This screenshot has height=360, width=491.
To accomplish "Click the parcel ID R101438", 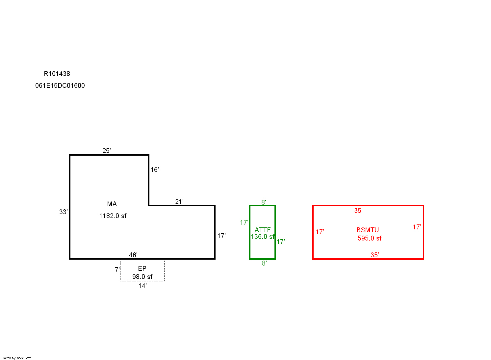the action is [x=57, y=74].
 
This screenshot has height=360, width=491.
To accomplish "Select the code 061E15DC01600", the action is [x=60, y=86].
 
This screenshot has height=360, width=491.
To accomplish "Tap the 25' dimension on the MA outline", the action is [x=107, y=151].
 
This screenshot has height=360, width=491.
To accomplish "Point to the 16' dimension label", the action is [x=155, y=170].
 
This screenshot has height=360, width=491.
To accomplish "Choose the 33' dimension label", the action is [x=64, y=212].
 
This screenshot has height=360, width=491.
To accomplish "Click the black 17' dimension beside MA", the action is [x=221, y=236].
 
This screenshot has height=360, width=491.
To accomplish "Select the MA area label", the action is [x=112, y=204].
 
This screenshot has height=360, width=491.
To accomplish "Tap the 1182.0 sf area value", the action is [x=113, y=216].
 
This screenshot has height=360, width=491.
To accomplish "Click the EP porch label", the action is [x=142, y=269].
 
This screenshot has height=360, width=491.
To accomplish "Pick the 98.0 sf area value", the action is [x=142, y=277].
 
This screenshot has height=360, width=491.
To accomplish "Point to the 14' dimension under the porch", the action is [x=143, y=286].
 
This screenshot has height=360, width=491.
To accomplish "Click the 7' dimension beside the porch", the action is [x=117, y=270].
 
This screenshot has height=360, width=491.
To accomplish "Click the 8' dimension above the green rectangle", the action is [x=264, y=202].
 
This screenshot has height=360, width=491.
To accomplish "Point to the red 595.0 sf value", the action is [x=370, y=238].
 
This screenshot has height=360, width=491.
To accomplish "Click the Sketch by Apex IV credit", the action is [x=16, y=358].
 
